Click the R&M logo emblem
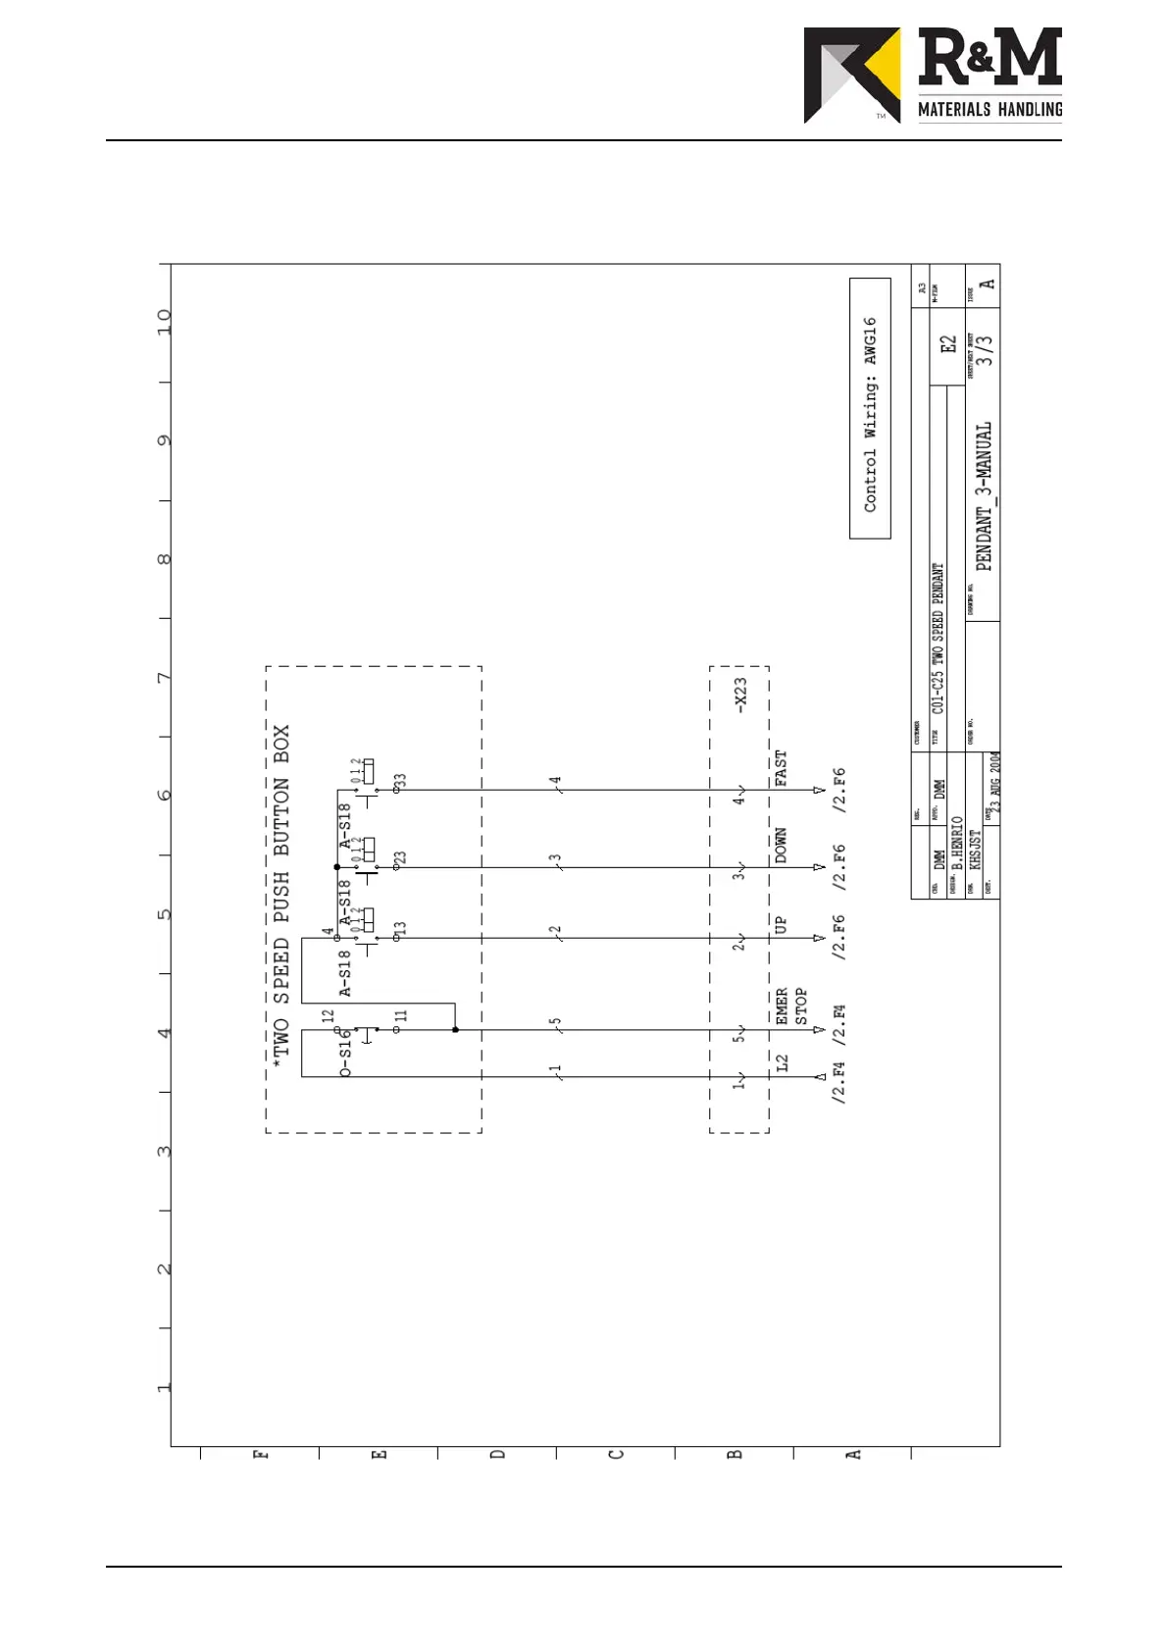(851, 75)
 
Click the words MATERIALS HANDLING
(989, 109)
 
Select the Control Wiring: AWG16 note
(870, 413)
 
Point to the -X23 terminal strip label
(740, 694)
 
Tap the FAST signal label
(782, 768)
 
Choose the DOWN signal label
(782, 846)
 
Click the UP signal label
(782, 925)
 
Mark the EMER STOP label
(791, 1007)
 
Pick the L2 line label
(782, 1062)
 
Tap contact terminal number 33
(400, 781)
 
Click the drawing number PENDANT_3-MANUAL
(984, 496)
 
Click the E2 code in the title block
(947, 344)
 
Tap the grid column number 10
(164, 321)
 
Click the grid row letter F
(260, 1454)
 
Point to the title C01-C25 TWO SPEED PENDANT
(939, 639)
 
